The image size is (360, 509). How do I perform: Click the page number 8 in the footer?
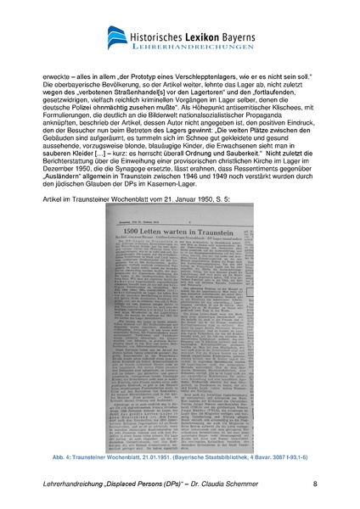315,484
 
